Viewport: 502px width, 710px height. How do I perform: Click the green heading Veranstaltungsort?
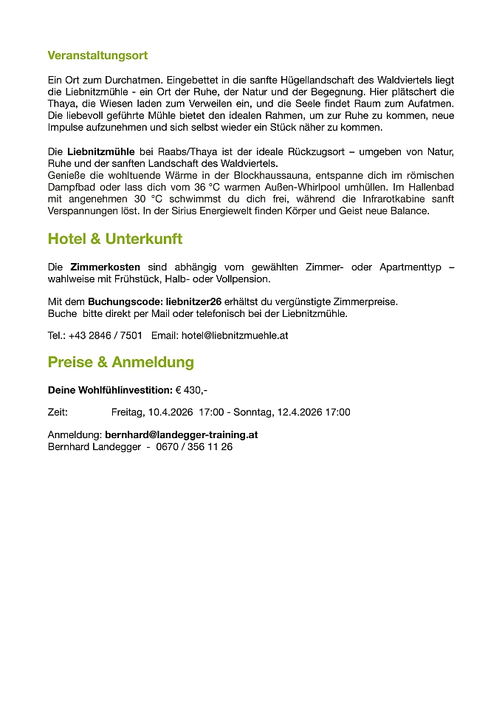[x=97, y=55]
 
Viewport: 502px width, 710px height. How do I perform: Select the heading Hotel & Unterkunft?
[x=114, y=239]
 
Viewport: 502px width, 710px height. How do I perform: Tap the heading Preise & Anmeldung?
[x=121, y=362]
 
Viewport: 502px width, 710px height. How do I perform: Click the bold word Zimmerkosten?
[x=105, y=267]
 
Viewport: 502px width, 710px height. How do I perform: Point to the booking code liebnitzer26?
[x=193, y=301]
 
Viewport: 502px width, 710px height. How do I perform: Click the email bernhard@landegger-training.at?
[x=181, y=434]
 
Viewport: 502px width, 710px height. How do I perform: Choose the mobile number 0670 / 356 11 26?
[x=194, y=446]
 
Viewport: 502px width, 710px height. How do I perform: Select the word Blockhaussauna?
[x=275, y=175]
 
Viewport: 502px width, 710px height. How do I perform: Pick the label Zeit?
[x=58, y=412]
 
